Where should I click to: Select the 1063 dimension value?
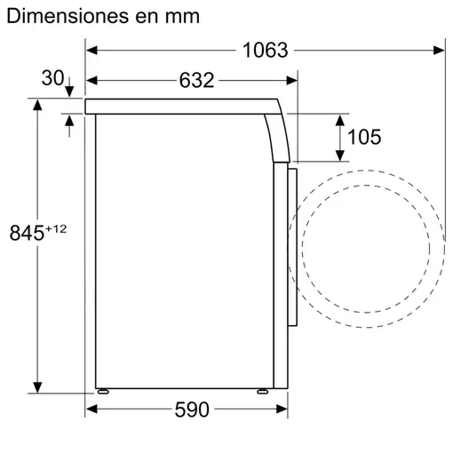coord(266,51)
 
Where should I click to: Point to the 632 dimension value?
coord(197,81)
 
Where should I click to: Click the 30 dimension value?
coord(52,79)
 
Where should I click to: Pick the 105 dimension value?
coord(363,136)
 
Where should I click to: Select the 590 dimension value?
coord(191,409)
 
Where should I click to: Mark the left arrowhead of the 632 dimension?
coord(91,81)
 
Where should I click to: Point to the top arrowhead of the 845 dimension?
coord(38,106)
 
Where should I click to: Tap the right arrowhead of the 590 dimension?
coord(285,409)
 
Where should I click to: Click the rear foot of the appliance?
coord(105,391)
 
